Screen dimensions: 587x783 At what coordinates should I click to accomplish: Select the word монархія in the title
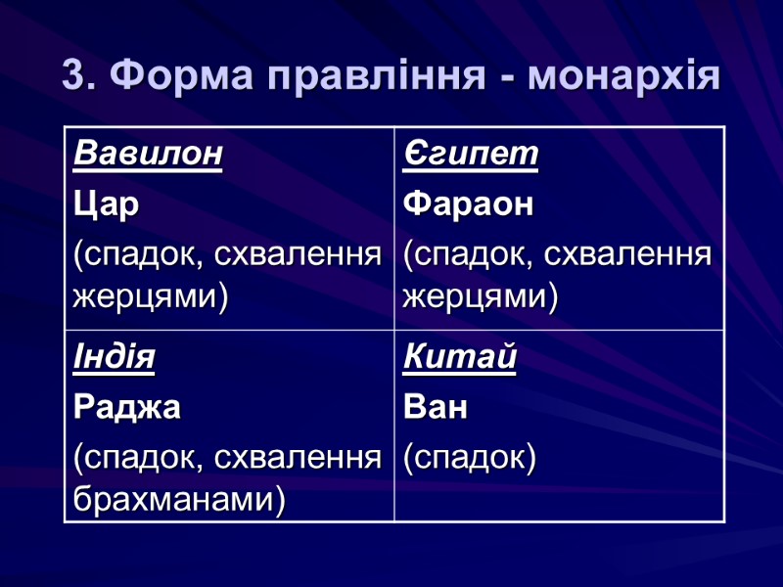pyautogui.click(x=624, y=75)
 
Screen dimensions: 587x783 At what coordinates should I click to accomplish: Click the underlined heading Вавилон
pyautogui.click(x=148, y=155)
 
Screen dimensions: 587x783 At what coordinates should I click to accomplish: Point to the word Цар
pyautogui.click(x=106, y=205)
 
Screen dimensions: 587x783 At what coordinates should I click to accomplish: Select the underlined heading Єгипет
pyautogui.click(x=471, y=155)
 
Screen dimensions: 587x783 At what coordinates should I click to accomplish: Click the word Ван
pyautogui.click(x=436, y=408)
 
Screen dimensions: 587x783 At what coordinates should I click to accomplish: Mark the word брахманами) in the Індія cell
pyautogui.click(x=179, y=500)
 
